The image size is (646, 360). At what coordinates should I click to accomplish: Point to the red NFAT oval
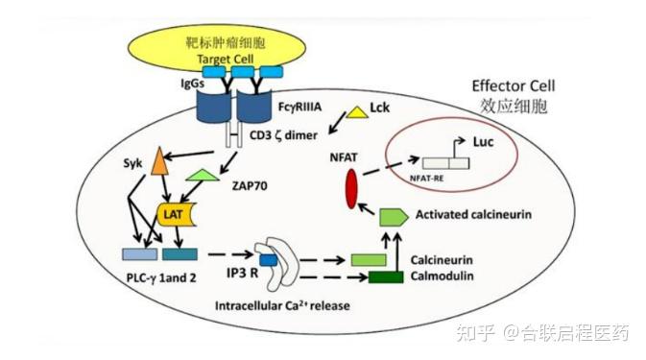tap(352, 188)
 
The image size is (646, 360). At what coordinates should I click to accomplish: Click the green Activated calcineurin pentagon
tap(391, 216)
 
